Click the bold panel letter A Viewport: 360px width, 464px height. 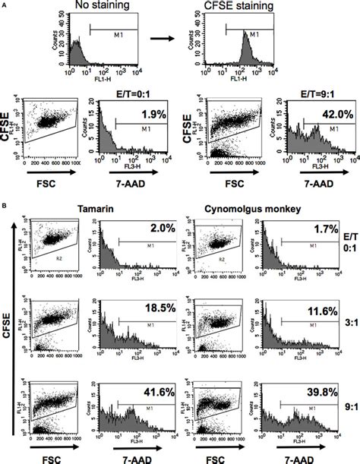tap(5, 4)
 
